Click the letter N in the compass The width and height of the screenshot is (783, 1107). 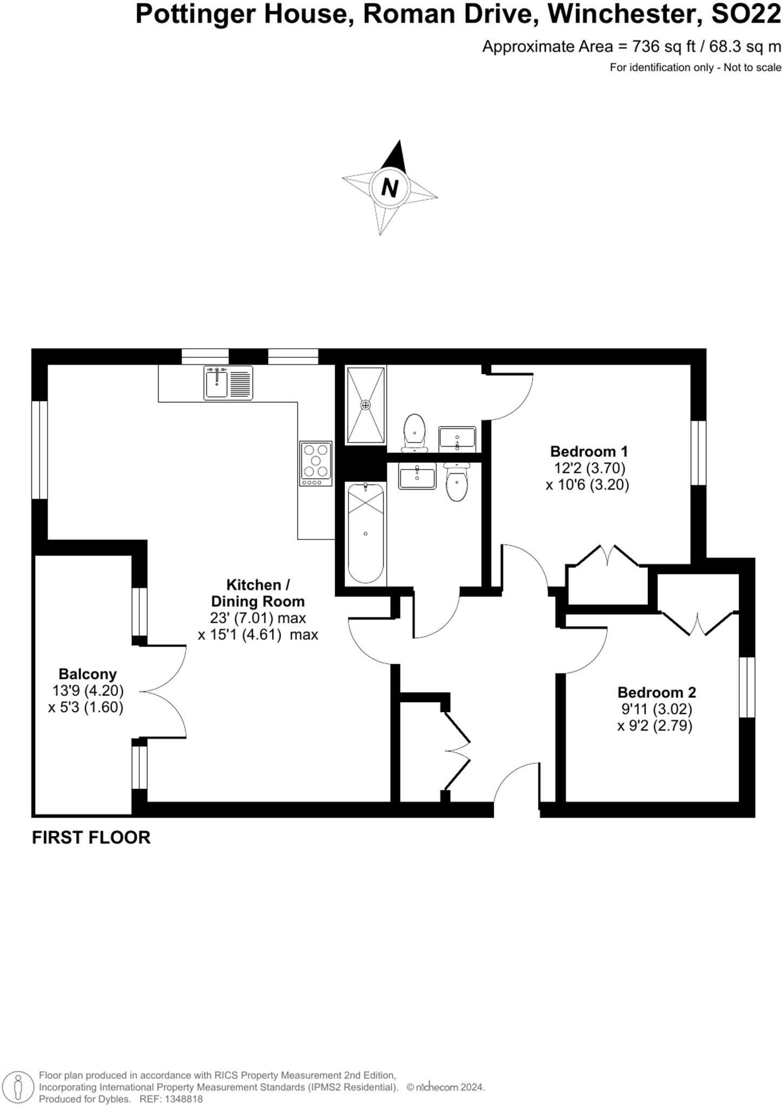click(389, 188)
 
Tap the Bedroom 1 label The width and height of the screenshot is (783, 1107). click(588, 451)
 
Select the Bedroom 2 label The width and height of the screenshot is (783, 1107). click(657, 692)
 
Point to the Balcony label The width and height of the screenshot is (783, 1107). click(88, 674)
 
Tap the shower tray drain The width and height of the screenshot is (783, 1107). click(366, 404)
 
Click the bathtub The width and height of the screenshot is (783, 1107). click(366, 533)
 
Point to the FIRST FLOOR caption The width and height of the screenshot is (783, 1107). click(91, 837)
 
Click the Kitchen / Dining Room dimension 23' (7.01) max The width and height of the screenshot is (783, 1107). click(258, 618)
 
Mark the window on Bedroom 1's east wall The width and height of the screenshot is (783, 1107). click(699, 452)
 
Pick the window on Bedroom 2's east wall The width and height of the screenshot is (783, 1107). click(747, 687)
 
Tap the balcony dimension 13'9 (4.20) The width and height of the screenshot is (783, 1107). click(88, 690)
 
